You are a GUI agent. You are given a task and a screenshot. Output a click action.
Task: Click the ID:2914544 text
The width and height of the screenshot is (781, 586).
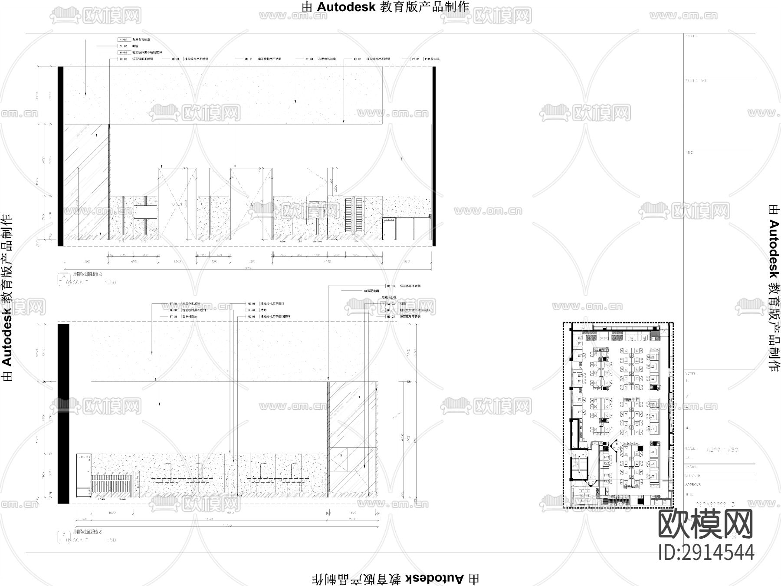point(706,552)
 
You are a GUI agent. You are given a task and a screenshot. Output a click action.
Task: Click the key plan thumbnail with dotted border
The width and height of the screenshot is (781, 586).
point(618,415)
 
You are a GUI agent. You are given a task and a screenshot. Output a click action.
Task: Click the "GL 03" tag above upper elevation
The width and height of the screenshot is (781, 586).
point(123,46)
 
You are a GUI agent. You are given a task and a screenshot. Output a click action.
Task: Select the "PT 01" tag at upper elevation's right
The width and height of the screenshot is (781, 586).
point(416,59)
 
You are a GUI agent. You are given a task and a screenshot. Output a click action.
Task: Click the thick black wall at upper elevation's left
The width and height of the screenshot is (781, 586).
point(61,156)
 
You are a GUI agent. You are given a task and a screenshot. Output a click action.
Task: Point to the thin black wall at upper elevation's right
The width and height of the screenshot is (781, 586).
point(433,156)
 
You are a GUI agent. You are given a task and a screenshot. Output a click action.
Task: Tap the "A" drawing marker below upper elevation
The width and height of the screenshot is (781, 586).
point(64,277)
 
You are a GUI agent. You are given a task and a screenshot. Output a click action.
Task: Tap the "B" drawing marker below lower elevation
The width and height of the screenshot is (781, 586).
point(64,534)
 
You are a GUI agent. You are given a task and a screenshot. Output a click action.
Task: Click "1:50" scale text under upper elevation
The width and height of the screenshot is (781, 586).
point(110,283)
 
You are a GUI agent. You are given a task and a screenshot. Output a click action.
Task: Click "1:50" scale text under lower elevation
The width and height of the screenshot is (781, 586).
point(110,540)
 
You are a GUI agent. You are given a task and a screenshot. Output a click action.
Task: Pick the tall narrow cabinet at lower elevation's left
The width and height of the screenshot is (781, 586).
point(84,475)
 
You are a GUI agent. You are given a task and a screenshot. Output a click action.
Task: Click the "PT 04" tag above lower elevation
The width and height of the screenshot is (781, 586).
point(174,304)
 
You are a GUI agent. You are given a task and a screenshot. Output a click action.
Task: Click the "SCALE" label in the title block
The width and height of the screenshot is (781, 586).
point(690,449)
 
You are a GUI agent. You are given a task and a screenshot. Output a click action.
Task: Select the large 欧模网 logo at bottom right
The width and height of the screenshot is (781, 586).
point(706,524)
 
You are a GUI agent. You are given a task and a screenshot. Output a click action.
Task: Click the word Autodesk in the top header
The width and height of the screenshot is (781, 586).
point(346,7)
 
